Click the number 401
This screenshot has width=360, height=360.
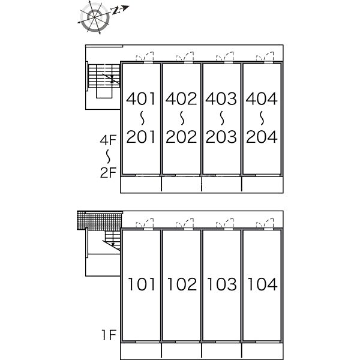tap(142, 98)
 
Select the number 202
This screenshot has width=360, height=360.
tap(181, 137)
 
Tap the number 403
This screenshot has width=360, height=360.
tap(221, 98)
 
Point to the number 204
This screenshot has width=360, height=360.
tap(260, 137)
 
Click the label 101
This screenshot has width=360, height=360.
tap(142, 284)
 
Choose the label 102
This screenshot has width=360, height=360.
tap(181, 284)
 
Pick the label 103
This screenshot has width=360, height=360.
tap(221, 284)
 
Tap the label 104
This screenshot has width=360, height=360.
tap(260, 284)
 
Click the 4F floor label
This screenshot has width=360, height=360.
tap(107, 141)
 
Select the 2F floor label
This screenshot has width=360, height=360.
tap(107, 175)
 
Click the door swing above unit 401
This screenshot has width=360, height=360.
tap(146, 58)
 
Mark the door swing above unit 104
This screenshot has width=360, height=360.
tap(265, 225)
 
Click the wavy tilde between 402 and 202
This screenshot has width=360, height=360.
tap(181, 117)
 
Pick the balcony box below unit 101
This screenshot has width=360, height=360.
tap(142, 351)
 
